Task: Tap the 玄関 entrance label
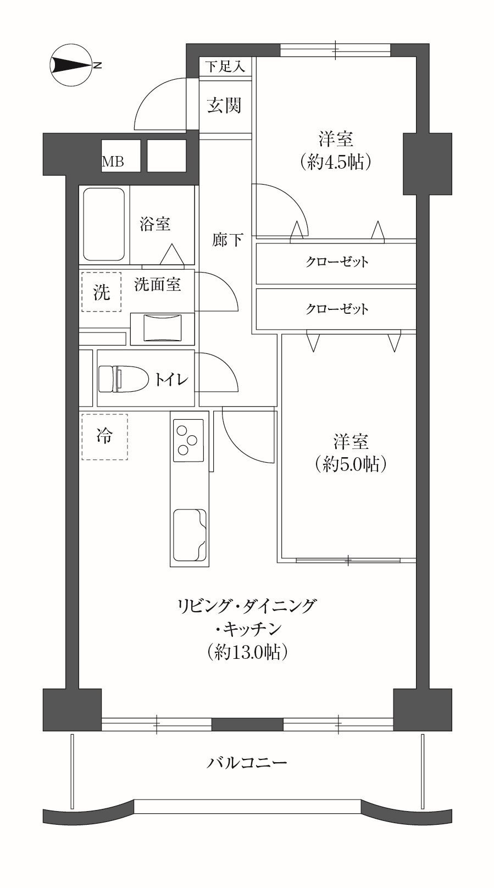[224, 106]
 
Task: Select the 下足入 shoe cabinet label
[225, 66]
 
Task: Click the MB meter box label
[113, 162]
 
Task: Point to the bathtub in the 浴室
[104, 224]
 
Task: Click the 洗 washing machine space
[102, 292]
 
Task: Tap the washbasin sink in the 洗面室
[162, 328]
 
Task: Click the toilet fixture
[123, 379]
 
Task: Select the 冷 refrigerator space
[104, 436]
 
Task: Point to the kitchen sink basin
[190, 535]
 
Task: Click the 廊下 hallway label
[227, 240]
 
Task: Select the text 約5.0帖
[351, 464]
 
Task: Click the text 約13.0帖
[247, 652]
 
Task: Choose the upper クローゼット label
[337, 262]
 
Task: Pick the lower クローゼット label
[337, 309]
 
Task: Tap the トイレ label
[171, 379]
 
